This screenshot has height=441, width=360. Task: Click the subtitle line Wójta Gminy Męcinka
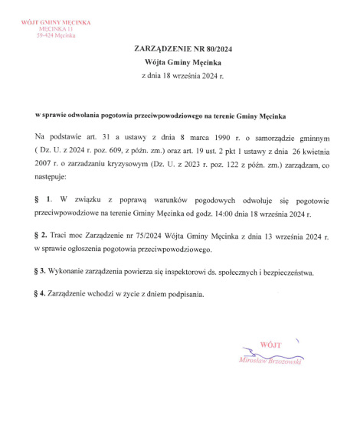[179, 63]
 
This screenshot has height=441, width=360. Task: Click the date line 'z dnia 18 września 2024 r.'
[179, 77]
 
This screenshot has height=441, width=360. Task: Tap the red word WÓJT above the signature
[271, 345]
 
